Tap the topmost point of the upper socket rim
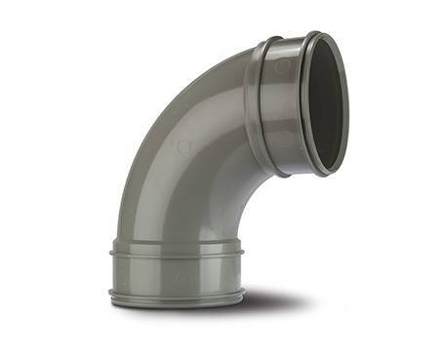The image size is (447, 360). point(313,32)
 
